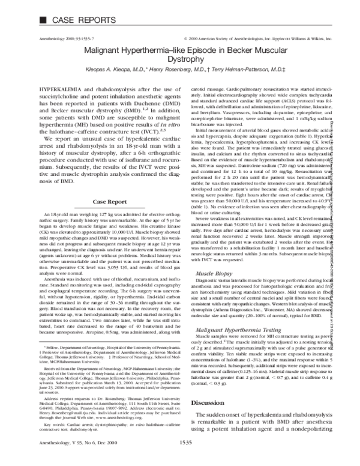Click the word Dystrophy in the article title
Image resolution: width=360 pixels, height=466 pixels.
[183, 60]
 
